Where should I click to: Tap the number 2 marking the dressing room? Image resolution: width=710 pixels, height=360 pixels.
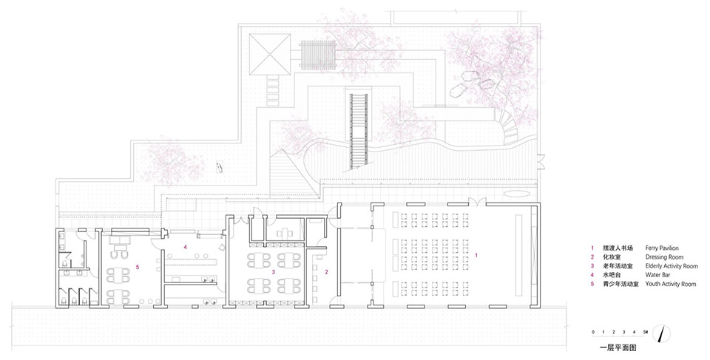pyautogui.click(x=326, y=272)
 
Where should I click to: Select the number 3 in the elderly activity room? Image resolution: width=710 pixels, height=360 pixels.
pyautogui.click(x=274, y=272)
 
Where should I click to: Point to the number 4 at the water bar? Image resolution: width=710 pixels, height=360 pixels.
pyautogui.click(x=186, y=245)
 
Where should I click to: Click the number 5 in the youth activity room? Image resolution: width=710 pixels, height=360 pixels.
pyautogui.click(x=138, y=267)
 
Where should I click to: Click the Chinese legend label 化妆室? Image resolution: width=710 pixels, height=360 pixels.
pyautogui.click(x=608, y=257)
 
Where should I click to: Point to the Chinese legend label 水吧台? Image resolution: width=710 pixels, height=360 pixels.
pyautogui.click(x=608, y=274)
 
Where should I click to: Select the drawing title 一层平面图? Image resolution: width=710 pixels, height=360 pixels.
pyautogui.click(x=618, y=345)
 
